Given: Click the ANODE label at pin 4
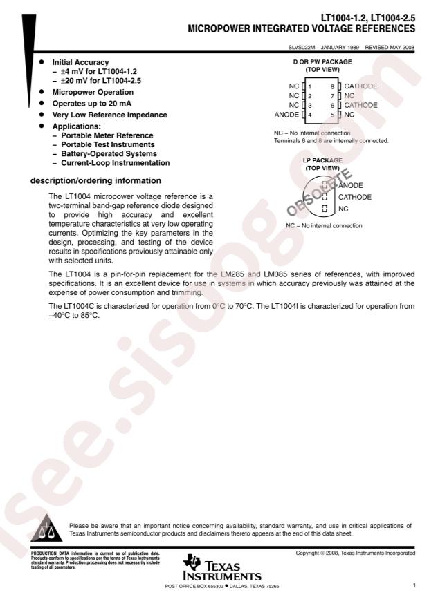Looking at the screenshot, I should pyautogui.click(x=287, y=114).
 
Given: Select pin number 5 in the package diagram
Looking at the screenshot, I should pyautogui.click(x=332, y=114).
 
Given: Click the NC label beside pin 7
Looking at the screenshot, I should pyautogui.click(x=349, y=95).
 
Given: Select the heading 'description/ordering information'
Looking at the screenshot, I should pyautogui.click(x=92, y=182).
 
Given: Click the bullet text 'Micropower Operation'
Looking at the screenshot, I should pyautogui.click(x=93, y=92).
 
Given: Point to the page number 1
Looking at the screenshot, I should pyautogui.click(x=414, y=586).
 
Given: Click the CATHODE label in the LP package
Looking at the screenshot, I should pyautogui.click(x=354, y=197).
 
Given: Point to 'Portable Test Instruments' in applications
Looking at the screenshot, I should pyautogui.click(x=107, y=144).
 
